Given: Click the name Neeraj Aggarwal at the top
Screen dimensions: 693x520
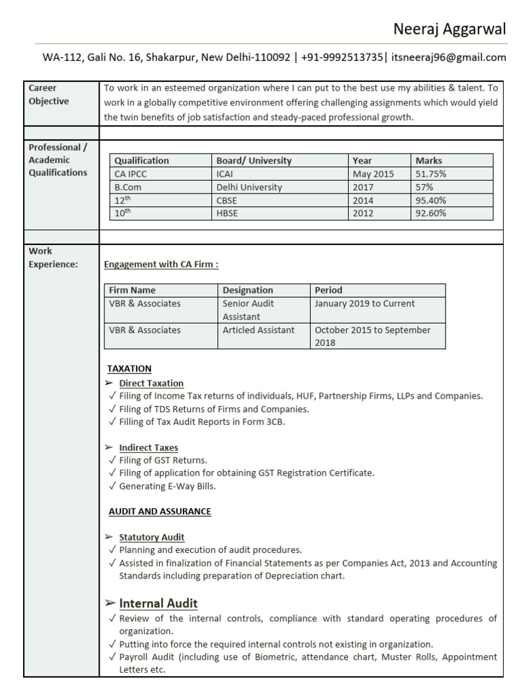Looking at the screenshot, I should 450,29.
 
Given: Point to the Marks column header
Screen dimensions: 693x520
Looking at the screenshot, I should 429,160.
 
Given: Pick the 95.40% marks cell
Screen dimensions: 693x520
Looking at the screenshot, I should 431,200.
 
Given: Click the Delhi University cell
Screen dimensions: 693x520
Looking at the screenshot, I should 249,187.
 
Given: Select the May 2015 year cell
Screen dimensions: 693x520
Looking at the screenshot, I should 372,174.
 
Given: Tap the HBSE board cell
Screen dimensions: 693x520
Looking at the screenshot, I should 227,213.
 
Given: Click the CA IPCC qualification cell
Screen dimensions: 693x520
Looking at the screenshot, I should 130,174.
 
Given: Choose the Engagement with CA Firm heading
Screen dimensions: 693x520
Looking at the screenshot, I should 161,265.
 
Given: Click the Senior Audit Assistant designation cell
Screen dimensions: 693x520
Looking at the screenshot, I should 248,310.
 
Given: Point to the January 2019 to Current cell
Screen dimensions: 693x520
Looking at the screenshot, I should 365,304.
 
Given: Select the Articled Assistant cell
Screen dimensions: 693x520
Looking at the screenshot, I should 259,330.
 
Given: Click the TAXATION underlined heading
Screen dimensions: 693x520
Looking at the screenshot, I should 129,368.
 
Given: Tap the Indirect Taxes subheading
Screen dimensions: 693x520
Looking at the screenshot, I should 148,447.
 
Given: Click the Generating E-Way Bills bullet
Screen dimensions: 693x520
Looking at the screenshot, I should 167,486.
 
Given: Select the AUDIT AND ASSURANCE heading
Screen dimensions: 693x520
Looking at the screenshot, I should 160,512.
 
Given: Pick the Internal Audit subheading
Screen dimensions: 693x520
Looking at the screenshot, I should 158,603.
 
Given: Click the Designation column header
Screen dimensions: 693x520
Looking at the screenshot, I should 248,290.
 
